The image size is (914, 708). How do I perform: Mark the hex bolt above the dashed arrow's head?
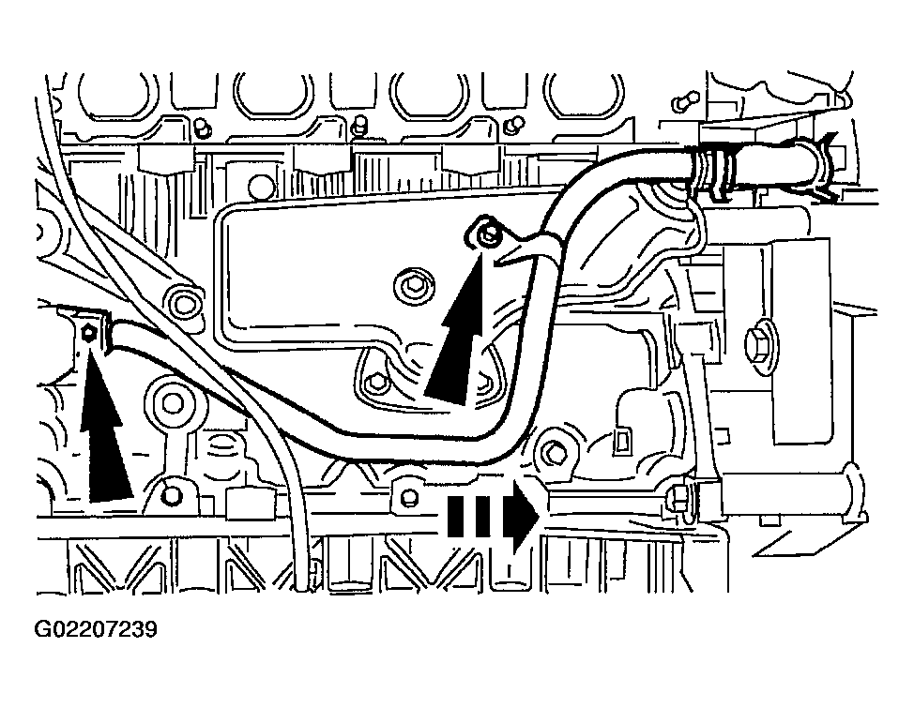point(556,453)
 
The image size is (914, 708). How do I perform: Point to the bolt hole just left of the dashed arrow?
point(405,491)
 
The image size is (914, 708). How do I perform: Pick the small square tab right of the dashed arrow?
point(621,436)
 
